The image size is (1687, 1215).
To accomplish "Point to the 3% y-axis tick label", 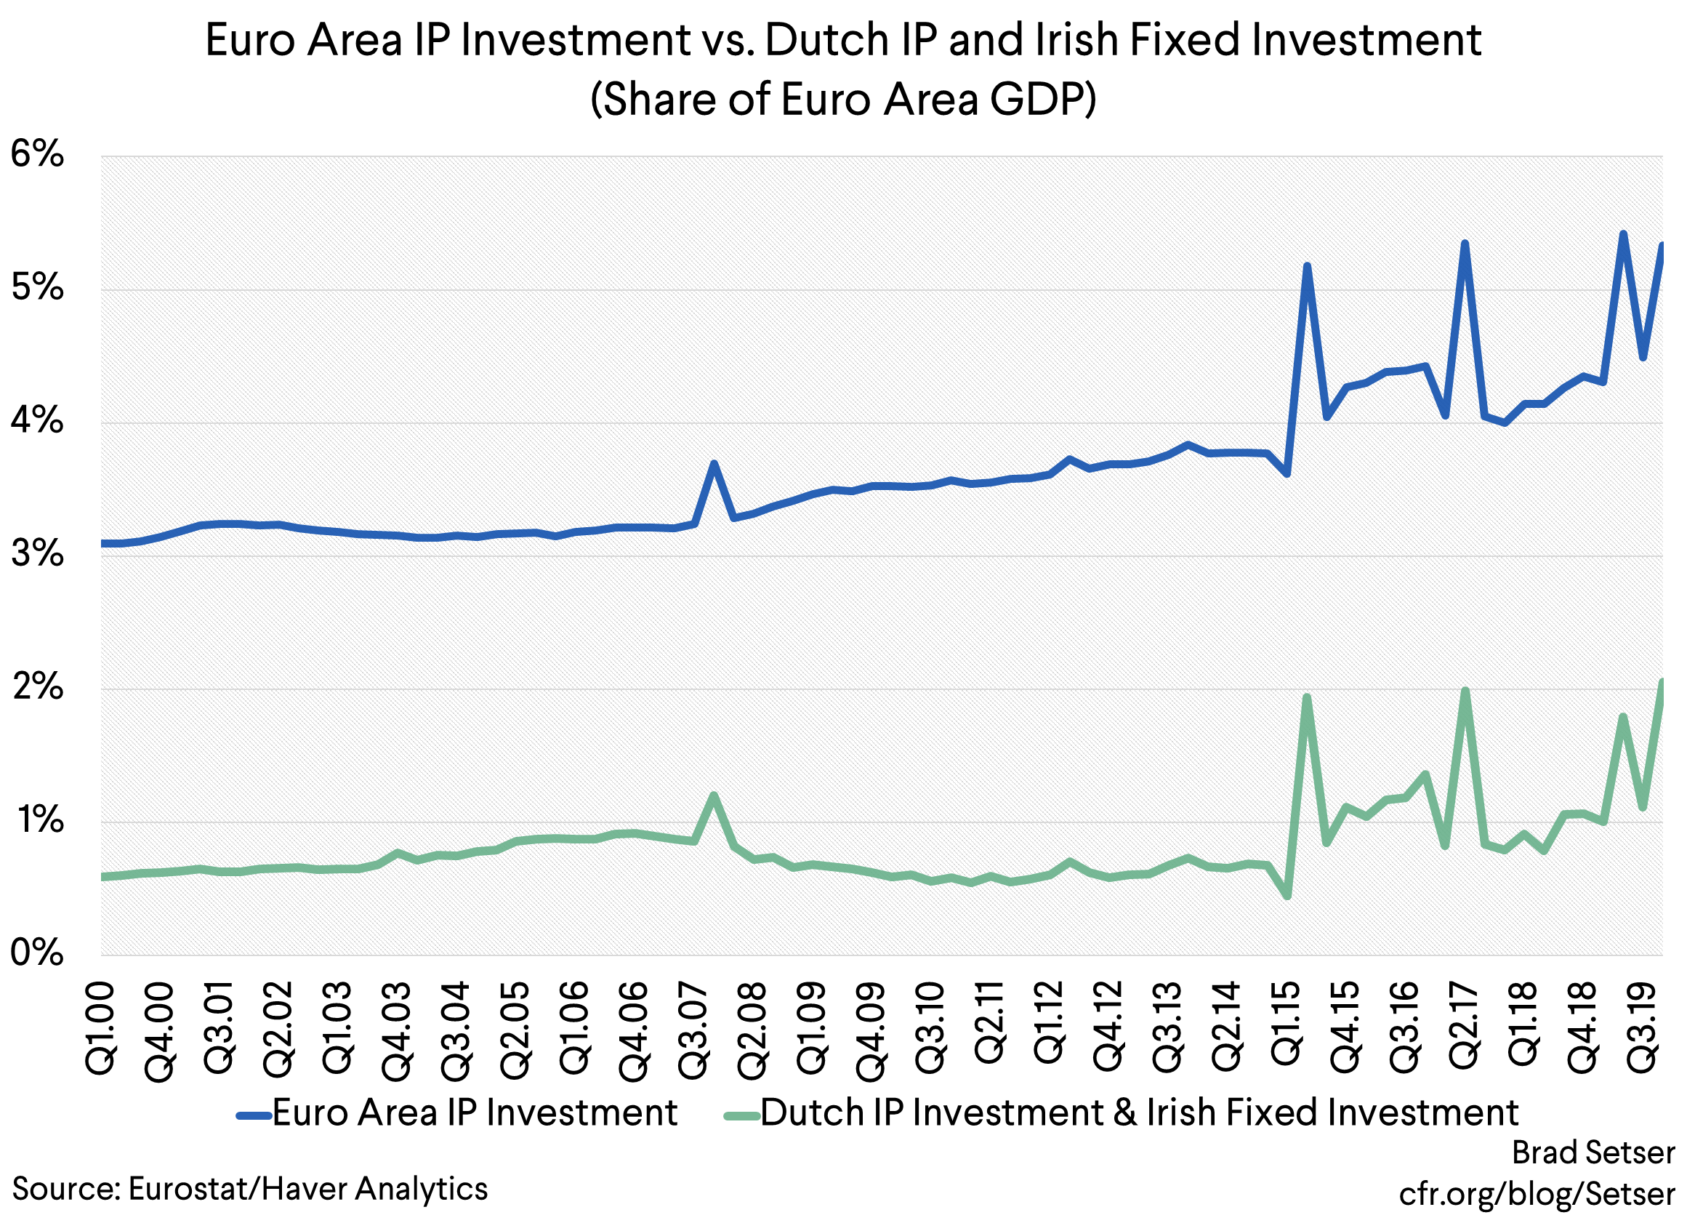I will tap(37, 554).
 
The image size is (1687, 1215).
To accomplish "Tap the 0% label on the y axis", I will tap(37, 953).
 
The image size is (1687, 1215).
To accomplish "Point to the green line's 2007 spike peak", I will tap(713, 795).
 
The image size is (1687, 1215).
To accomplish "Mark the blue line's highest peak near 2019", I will tap(1623, 233).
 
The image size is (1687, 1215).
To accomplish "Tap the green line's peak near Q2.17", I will tap(1465, 691).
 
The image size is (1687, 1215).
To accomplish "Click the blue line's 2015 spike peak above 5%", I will tap(1307, 265).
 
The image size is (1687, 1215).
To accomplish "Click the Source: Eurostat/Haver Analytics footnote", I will tap(250, 1189).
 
